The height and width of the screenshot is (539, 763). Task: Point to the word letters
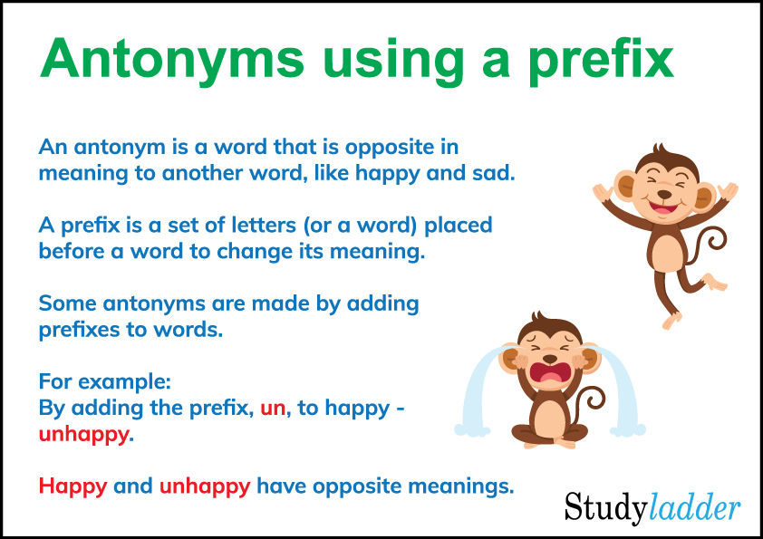[261, 224]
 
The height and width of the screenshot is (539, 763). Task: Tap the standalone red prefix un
[272, 408]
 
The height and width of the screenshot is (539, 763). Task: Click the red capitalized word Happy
[72, 486]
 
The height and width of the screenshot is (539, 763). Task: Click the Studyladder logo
[652, 507]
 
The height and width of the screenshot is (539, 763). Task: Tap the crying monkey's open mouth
[549, 373]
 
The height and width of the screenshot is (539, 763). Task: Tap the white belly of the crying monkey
[549, 416]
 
